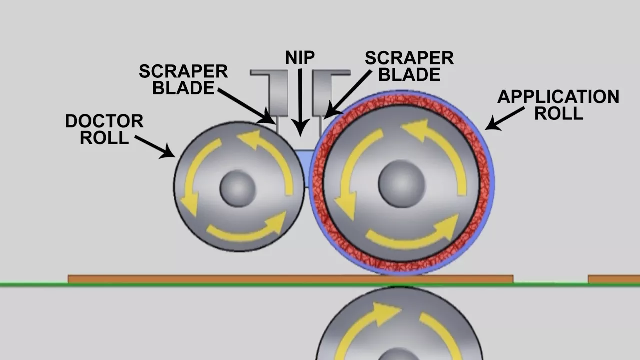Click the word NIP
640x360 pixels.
click(300, 57)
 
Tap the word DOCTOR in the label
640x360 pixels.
click(104, 121)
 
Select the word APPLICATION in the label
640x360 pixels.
click(558, 97)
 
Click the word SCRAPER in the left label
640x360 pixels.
click(183, 71)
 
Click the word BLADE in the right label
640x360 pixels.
click(409, 75)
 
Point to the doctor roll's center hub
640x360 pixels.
click(238, 188)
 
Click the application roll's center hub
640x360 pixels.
click(401, 183)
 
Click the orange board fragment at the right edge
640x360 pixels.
click(614, 279)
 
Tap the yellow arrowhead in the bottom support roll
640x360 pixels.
click(385, 313)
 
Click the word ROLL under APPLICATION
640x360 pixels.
click(558, 113)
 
